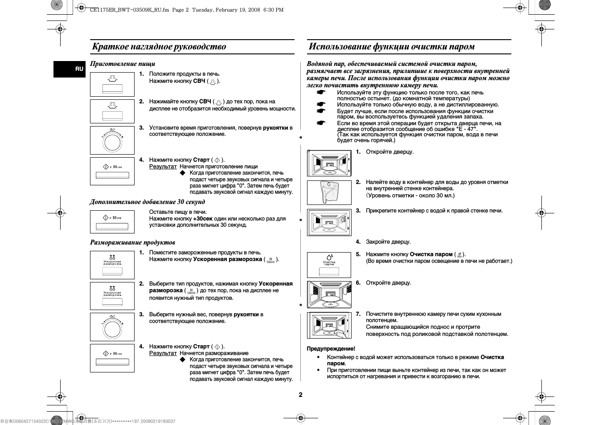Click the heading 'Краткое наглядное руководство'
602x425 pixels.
point(159,47)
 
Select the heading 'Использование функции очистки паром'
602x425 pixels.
point(392,47)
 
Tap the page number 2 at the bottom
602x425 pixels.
point(300,395)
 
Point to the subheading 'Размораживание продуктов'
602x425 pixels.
point(132,242)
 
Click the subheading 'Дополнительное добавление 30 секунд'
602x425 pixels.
point(147,202)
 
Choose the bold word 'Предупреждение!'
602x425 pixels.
point(331,349)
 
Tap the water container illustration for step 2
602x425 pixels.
point(329,192)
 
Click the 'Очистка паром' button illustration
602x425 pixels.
point(329,265)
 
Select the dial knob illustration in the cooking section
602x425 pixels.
point(112,140)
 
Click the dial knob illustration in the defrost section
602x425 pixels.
point(112,327)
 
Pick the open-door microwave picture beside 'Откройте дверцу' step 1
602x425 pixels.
point(329,163)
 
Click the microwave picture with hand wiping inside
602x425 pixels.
point(329,325)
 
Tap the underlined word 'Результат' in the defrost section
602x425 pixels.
point(163,353)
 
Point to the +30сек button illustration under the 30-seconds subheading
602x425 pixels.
point(112,221)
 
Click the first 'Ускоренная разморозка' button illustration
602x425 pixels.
point(112,265)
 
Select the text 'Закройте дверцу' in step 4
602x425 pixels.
point(388,242)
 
